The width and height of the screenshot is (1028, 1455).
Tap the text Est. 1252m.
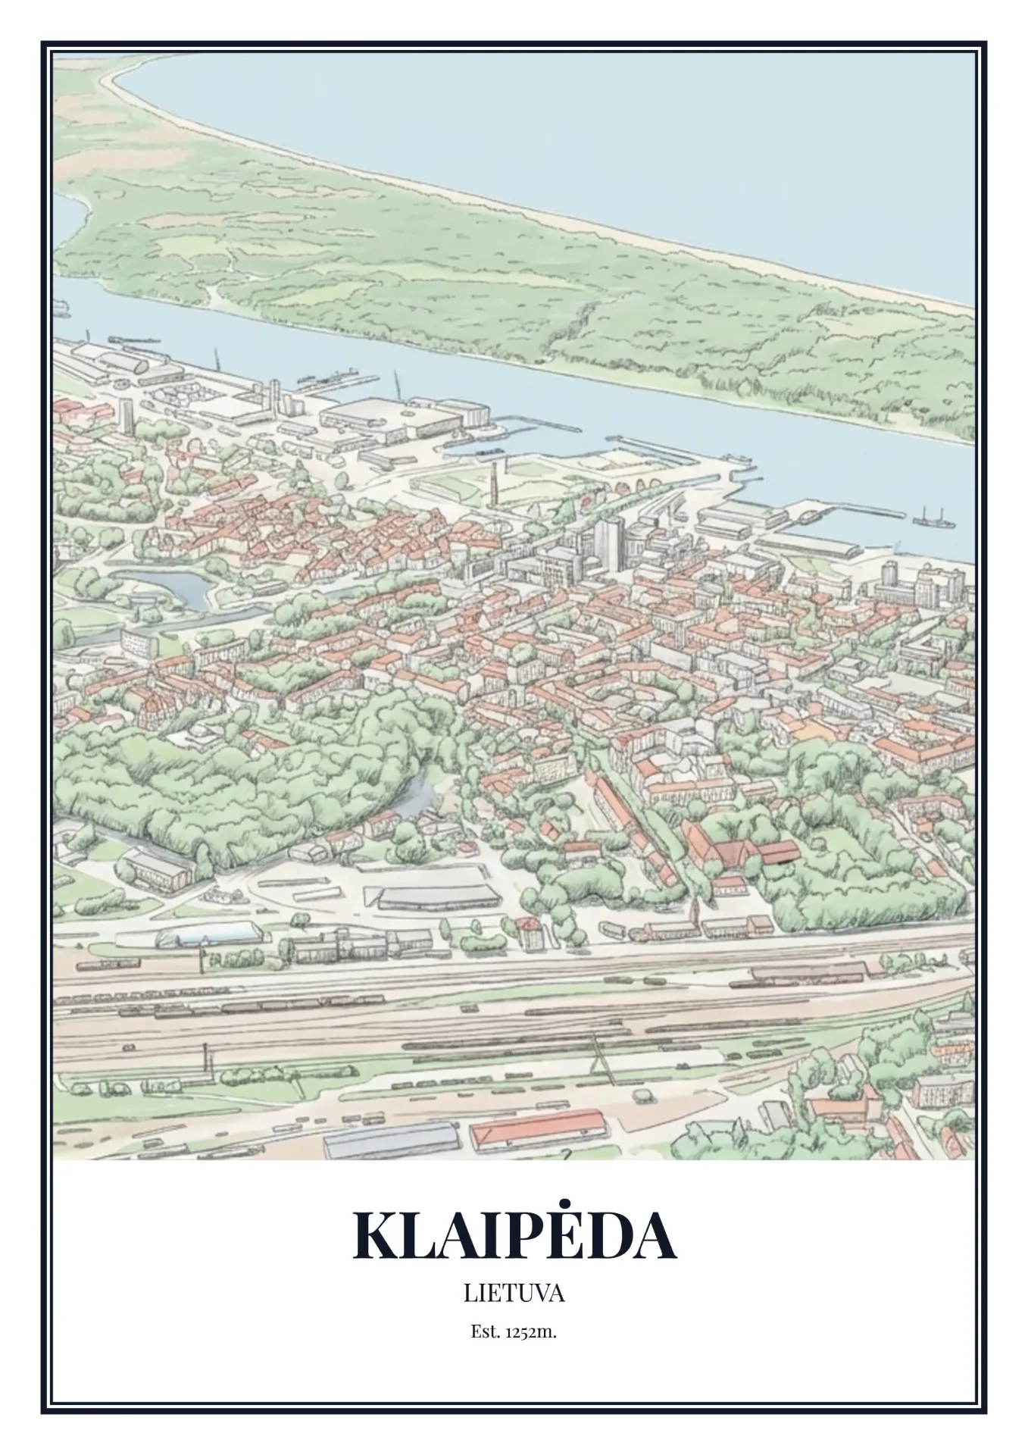pos(514,1331)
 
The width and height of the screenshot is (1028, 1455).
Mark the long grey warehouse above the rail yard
pos(439,896)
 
